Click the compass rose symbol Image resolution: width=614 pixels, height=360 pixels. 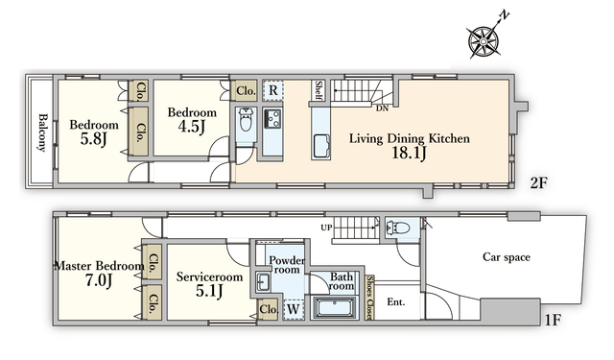point(484,41)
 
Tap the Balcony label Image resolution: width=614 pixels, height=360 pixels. point(42,132)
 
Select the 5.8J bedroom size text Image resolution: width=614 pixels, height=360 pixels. point(94,139)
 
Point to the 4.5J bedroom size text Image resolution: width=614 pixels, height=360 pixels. point(192,127)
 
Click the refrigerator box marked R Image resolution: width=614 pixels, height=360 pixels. point(273,90)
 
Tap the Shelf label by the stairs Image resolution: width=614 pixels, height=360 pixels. point(319,90)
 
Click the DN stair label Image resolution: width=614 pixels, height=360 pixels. point(382,108)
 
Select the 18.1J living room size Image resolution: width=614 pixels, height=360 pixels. point(409,154)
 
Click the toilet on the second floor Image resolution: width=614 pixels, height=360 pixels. point(247,120)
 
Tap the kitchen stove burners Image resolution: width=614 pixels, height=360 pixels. point(272,117)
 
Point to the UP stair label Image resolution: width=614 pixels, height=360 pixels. point(326,228)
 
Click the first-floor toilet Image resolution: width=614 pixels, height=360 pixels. point(398,228)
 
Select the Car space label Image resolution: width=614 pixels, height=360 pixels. point(507,257)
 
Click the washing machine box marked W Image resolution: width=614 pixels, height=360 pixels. point(294,309)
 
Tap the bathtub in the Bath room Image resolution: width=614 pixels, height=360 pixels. point(336,307)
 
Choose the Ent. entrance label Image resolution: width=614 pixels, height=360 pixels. point(396,302)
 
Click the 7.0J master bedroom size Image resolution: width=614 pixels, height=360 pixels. point(99,280)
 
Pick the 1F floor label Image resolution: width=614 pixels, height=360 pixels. point(553,321)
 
